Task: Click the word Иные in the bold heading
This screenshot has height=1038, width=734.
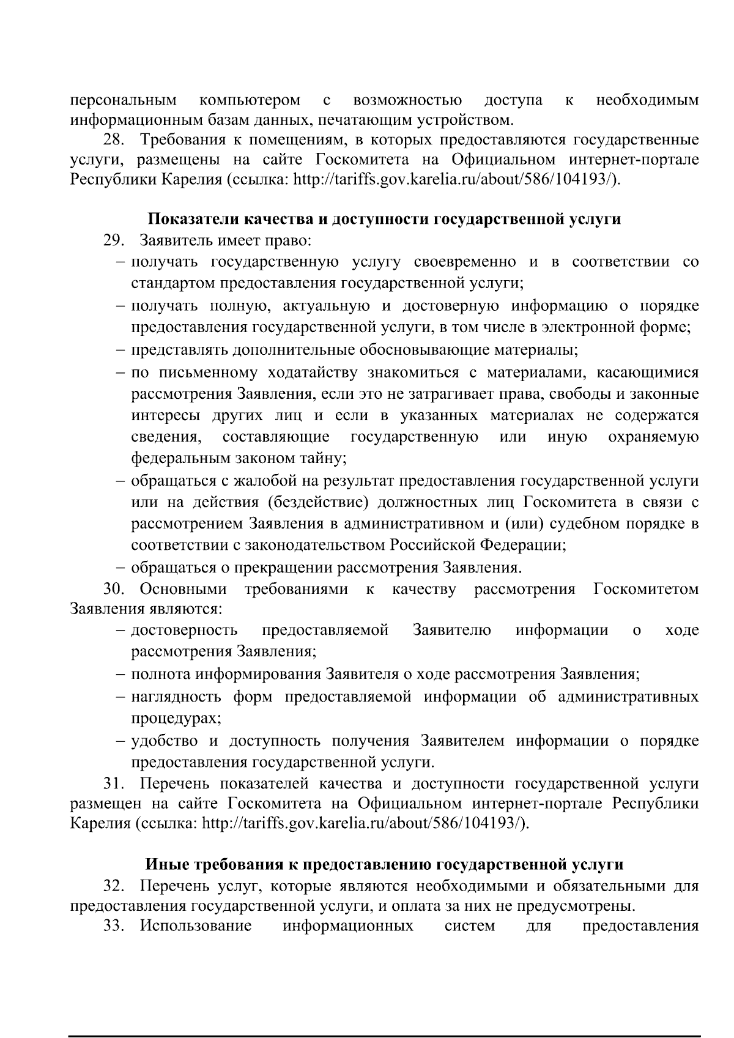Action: (167, 864)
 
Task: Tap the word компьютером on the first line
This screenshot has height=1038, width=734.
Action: (250, 100)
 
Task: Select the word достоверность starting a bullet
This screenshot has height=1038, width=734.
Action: (184, 630)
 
